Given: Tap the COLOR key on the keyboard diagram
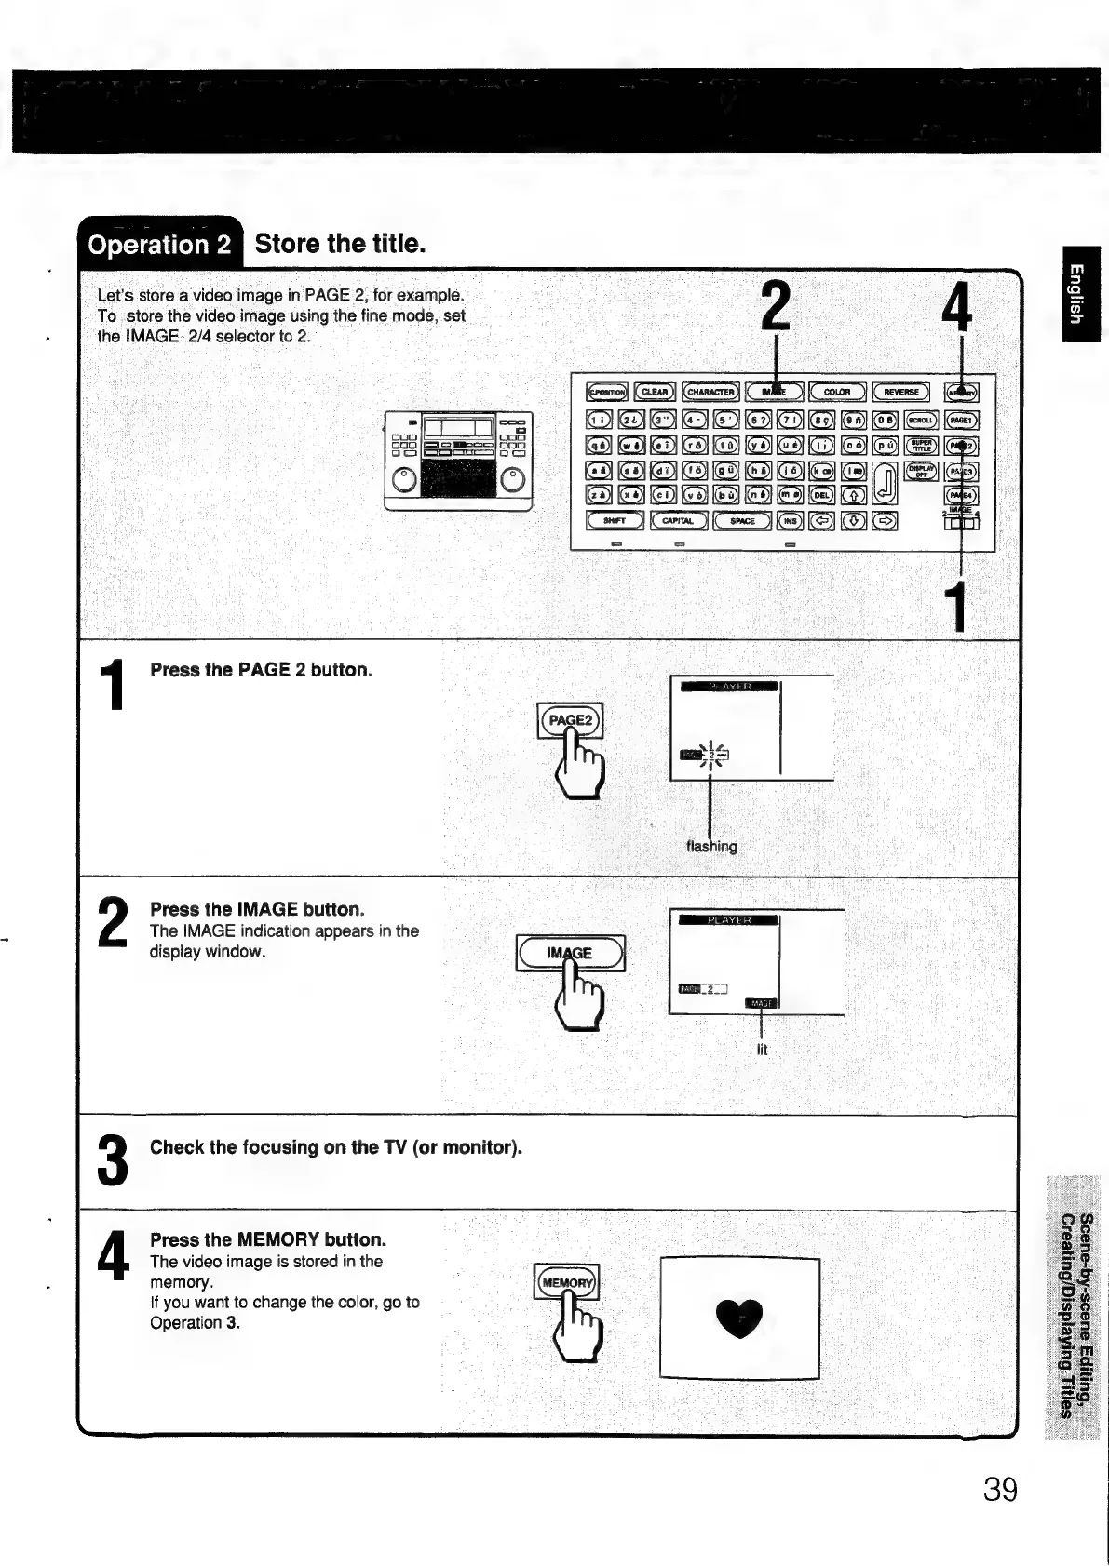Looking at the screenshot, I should pos(837,393).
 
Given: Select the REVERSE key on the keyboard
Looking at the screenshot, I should pos(901,393).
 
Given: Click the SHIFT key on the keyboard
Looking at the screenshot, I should pos(615,521).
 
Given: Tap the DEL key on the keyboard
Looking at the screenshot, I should pos(823,496).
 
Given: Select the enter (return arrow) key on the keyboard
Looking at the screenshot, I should pos(886,483).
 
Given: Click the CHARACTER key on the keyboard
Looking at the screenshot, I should pos(711,393).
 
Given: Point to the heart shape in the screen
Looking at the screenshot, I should pos(739,1318).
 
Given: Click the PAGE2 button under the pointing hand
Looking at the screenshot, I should pos(570,719).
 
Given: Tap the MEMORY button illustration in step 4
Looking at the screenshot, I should pos(567,1282).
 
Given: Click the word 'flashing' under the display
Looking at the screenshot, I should pos(711,847).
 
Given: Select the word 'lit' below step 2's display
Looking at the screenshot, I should pos(763,1050).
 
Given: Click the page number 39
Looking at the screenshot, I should pos(1000,1490).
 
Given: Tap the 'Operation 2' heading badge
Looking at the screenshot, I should pos(158,245).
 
